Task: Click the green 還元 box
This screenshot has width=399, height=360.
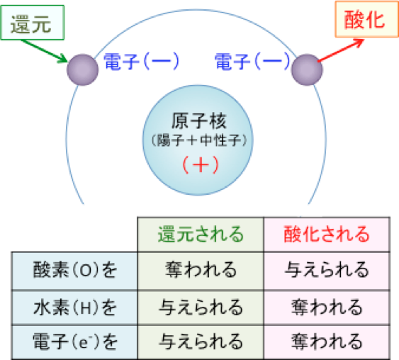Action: [33, 23]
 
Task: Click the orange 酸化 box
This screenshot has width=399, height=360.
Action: [366, 19]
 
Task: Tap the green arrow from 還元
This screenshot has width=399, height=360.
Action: [44, 50]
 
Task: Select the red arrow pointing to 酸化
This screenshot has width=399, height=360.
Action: [341, 50]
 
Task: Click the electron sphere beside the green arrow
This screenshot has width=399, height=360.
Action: [83, 69]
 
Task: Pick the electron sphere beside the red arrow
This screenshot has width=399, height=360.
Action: [307, 69]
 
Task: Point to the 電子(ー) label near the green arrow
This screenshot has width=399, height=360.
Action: [141, 62]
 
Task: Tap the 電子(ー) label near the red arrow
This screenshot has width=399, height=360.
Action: [252, 62]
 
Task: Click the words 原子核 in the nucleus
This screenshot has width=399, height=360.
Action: [198, 121]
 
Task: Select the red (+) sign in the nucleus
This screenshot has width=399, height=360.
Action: [201, 164]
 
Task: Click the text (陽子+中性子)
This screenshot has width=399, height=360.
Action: [199, 140]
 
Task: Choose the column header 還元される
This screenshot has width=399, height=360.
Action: [201, 234]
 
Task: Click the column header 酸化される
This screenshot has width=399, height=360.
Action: [327, 234]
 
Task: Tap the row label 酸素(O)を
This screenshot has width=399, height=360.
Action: [75, 270]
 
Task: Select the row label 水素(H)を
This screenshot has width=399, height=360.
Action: [75, 308]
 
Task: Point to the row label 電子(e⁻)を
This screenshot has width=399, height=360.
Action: [75, 342]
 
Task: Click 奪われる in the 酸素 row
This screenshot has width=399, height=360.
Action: [201, 270]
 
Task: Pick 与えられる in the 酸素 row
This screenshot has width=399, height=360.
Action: [327, 270]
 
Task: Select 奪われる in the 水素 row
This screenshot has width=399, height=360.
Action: [327, 308]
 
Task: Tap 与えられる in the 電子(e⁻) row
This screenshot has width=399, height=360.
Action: [201, 342]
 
